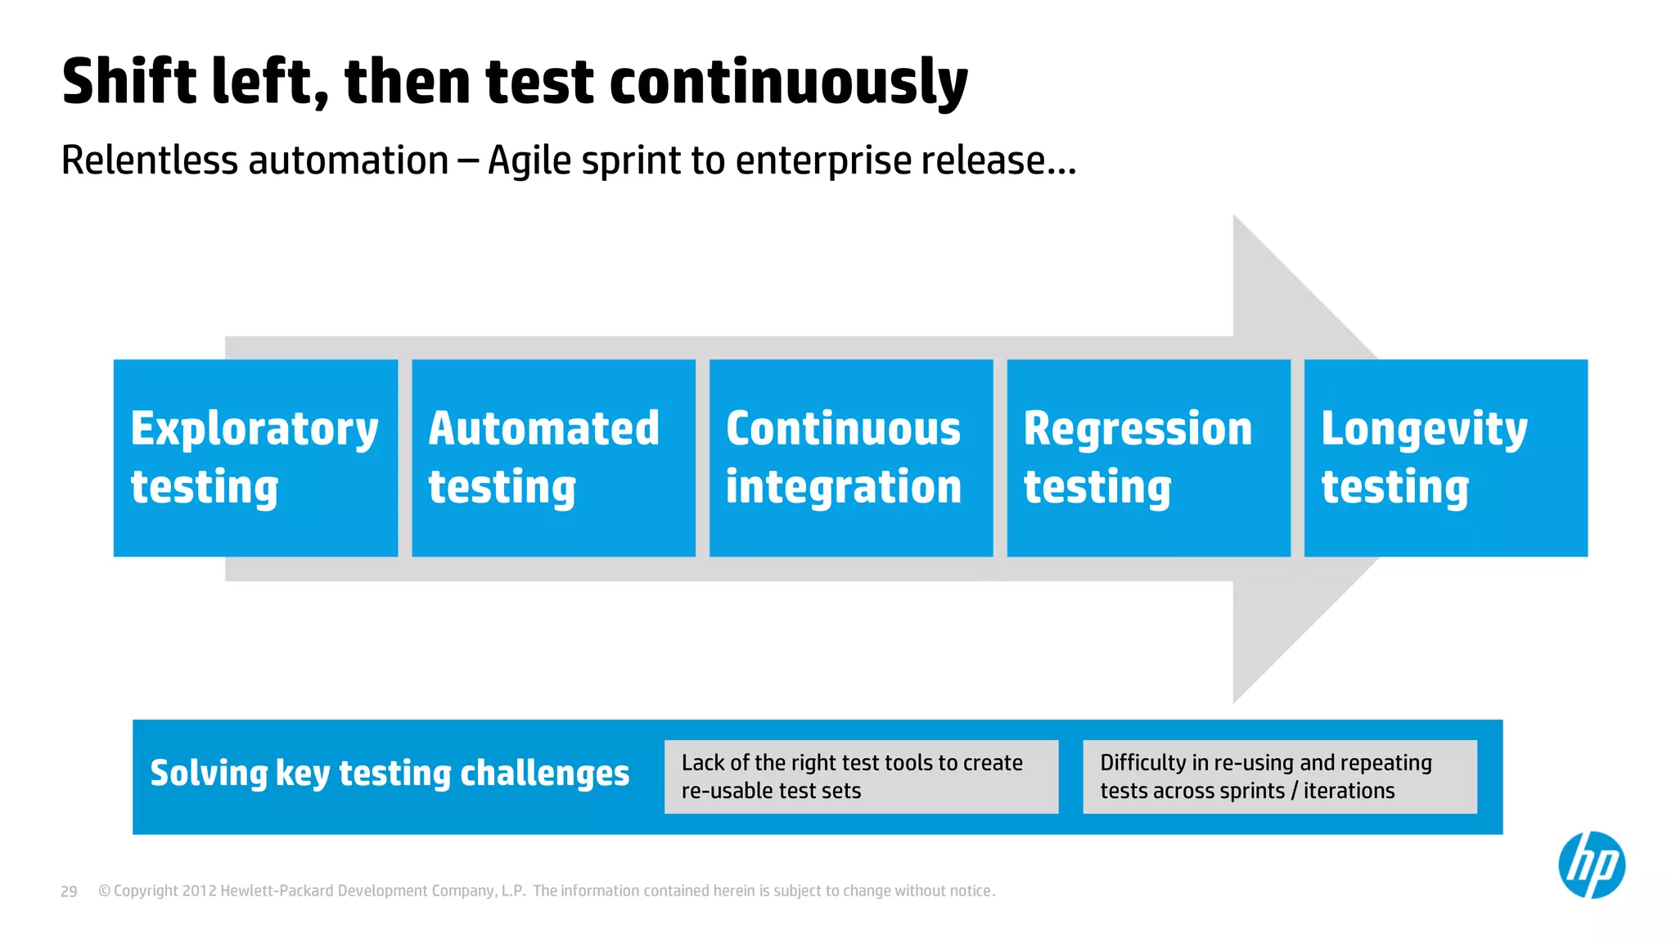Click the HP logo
tap(1591, 865)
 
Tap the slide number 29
tap(69, 891)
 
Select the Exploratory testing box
tap(255, 458)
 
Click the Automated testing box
tap(553, 458)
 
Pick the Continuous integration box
tap(851, 458)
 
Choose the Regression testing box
tap(1148, 458)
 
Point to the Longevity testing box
tap(1445, 458)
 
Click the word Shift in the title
tap(129, 82)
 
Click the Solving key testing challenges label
tap(390, 774)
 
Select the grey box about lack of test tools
tap(861, 777)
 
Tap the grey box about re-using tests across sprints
tap(1279, 777)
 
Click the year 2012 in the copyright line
tap(199, 891)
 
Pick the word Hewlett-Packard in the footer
tap(277, 891)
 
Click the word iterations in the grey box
tap(1349, 791)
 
